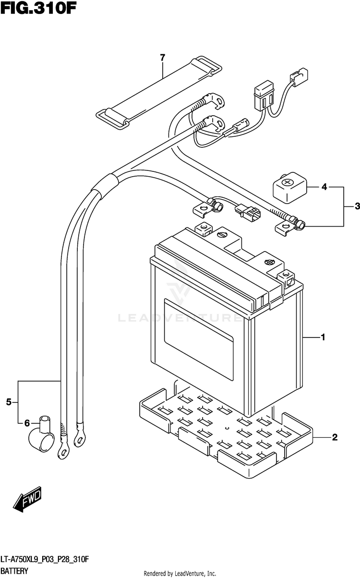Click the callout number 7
[x=162, y=58]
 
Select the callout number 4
[x=324, y=187]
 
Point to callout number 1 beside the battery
[x=323, y=337]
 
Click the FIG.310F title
[x=39, y=9]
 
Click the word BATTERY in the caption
[x=14, y=571]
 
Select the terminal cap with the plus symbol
[x=290, y=188]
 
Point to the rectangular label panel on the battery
[x=199, y=339]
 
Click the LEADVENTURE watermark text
[x=180, y=318]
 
